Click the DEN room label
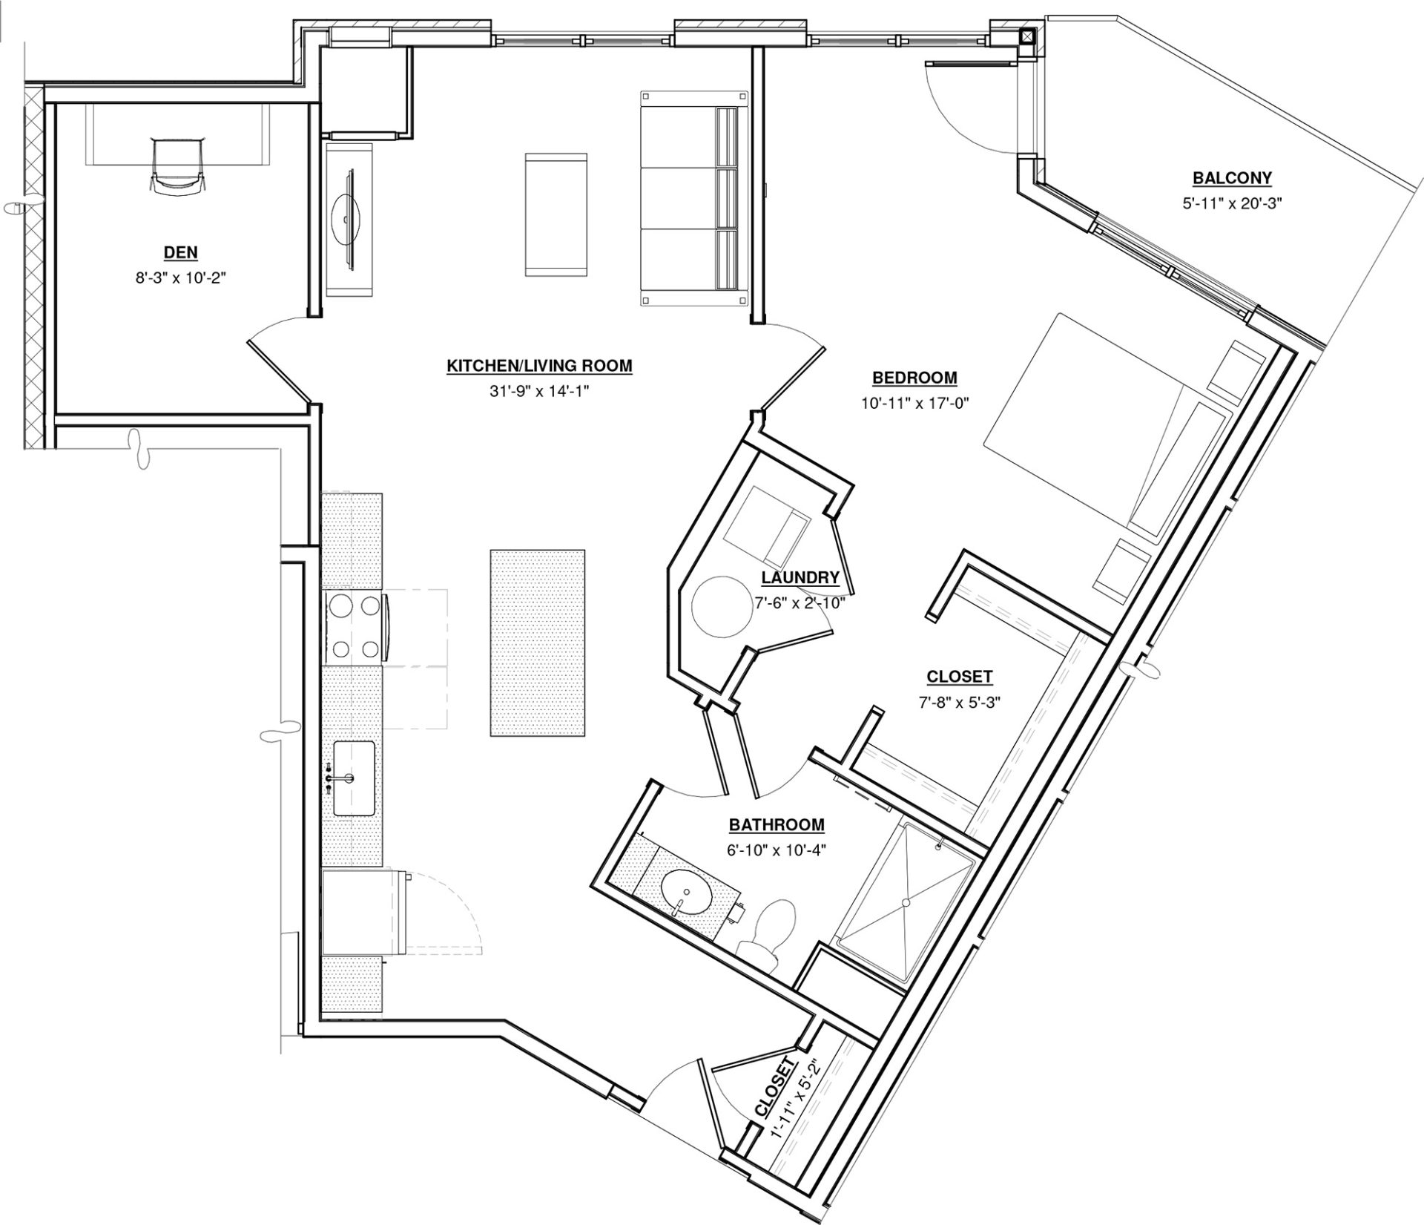pos(181,252)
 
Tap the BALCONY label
pos(1232,178)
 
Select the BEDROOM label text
pos(914,378)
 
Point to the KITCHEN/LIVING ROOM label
pos(539,366)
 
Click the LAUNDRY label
pos(800,577)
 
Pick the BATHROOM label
pos(777,824)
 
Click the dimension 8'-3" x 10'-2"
pos(181,279)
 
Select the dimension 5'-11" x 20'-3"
pos(1233,203)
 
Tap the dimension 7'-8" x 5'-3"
pos(960,703)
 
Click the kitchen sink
pos(353,778)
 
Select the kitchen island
pos(537,643)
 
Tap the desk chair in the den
pos(176,166)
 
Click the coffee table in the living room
pos(556,215)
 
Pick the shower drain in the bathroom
pos(905,902)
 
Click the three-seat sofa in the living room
pos(694,197)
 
